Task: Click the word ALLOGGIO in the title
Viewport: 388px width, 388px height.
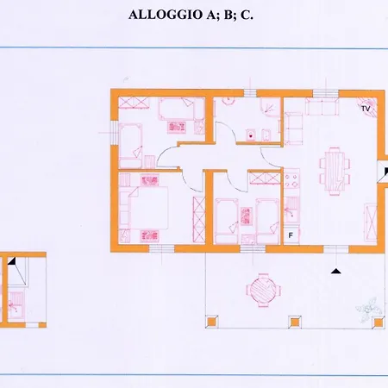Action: pos(166,15)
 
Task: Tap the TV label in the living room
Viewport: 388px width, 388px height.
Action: pos(366,109)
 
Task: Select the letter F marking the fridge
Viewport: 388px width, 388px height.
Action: pos(291,235)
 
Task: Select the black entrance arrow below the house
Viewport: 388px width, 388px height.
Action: pos(335,271)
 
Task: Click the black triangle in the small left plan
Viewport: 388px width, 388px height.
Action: pos(12,261)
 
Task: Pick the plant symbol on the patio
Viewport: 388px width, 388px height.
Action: pos(369,309)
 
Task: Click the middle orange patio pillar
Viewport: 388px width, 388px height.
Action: pos(294,322)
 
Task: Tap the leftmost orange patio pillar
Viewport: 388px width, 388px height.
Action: pos(211,322)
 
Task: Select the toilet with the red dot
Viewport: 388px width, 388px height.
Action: pos(251,135)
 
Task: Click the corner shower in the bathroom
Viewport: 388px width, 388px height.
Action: pos(270,107)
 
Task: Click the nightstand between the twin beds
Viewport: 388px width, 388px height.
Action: pos(247,216)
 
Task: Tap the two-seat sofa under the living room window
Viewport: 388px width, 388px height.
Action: pos(322,107)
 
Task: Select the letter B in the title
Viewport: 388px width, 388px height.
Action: pos(228,15)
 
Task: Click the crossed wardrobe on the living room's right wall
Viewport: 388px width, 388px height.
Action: pos(370,222)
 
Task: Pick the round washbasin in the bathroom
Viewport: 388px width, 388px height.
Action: pos(228,101)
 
